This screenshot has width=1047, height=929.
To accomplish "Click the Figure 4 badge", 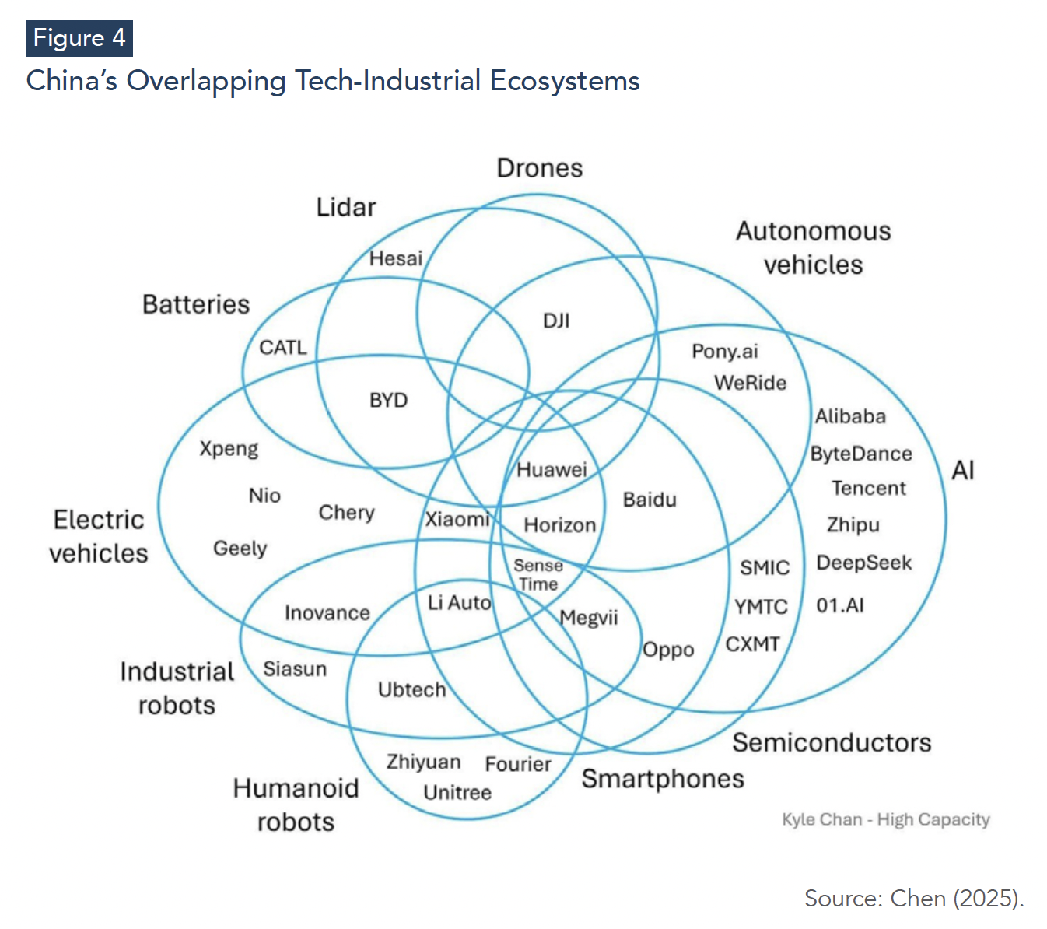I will pos(79,38).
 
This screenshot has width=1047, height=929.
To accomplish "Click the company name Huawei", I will pos(552,469).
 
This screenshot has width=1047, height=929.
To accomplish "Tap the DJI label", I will pos(556,321).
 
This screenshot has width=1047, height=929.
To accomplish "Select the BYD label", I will pos(388,400).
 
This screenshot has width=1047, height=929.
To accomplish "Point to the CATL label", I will pos(282,347).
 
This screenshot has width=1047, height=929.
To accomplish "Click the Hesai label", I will pos(395,258).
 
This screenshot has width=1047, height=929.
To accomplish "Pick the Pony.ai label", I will pos(724,352).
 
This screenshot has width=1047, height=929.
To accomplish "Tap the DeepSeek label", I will pos(863,563).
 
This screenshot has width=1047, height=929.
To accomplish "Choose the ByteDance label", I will pos(861,454).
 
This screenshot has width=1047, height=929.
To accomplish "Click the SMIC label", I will pos(764,568).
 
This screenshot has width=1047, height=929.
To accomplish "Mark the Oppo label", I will pos(668,650).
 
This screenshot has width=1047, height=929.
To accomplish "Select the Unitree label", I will pos(457,792).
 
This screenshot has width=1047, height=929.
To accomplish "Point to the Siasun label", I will pos(295,669).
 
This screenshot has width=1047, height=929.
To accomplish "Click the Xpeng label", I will pos(229,449).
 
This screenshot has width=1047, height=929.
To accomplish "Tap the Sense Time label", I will pos(538,574).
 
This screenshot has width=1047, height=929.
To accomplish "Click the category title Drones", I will pos(540,168).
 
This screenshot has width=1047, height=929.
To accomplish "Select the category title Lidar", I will pos(346,207).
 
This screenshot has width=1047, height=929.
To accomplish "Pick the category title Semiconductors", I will pos(832,742).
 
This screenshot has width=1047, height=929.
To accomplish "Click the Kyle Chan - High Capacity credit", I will pos(885,819).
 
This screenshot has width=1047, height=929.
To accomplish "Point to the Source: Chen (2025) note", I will pos(913,898).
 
